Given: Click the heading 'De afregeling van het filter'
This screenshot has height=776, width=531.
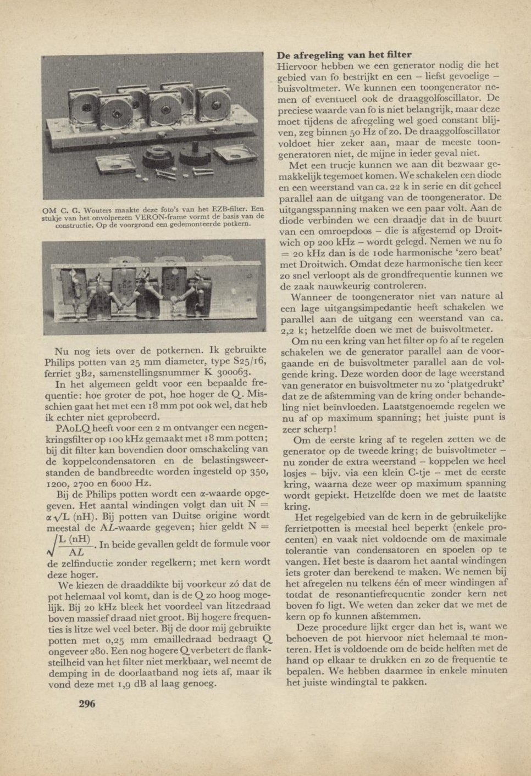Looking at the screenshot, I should click(344, 55).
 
